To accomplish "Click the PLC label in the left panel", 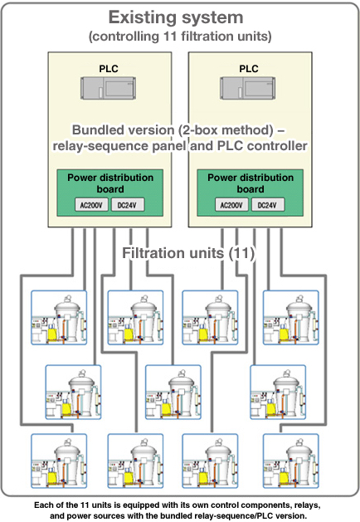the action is (x=109, y=69).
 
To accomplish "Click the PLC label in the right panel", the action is (x=249, y=69).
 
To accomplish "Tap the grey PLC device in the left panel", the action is (x=108, y=88).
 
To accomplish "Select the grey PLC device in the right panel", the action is (x=247, y=88).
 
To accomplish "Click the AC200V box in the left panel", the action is (x=91, y=205).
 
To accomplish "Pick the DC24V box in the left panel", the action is (x=128, y=205).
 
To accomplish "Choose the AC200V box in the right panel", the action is (x=231, y=205).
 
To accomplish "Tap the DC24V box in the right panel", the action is (x=267, y=205).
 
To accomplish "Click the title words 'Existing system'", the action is (x=176, y=17).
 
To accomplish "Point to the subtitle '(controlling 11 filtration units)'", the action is (x=180, y=37).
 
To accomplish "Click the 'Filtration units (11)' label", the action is (x=188, y=253).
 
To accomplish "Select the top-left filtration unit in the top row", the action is (x=59, y=317).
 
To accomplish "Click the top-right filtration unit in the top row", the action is (x=291, y=317).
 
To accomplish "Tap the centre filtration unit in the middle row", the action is (x=173, y=392).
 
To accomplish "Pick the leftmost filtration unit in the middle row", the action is (x=73, y=392).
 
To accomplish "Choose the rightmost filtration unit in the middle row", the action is (x=278, y=392).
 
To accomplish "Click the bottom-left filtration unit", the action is (x=59, y=461).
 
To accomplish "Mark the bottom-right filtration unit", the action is (x=291, y=461).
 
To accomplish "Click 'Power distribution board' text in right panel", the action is (x=251, y=183).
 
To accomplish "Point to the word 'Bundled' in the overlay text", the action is (x=94, y=129).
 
